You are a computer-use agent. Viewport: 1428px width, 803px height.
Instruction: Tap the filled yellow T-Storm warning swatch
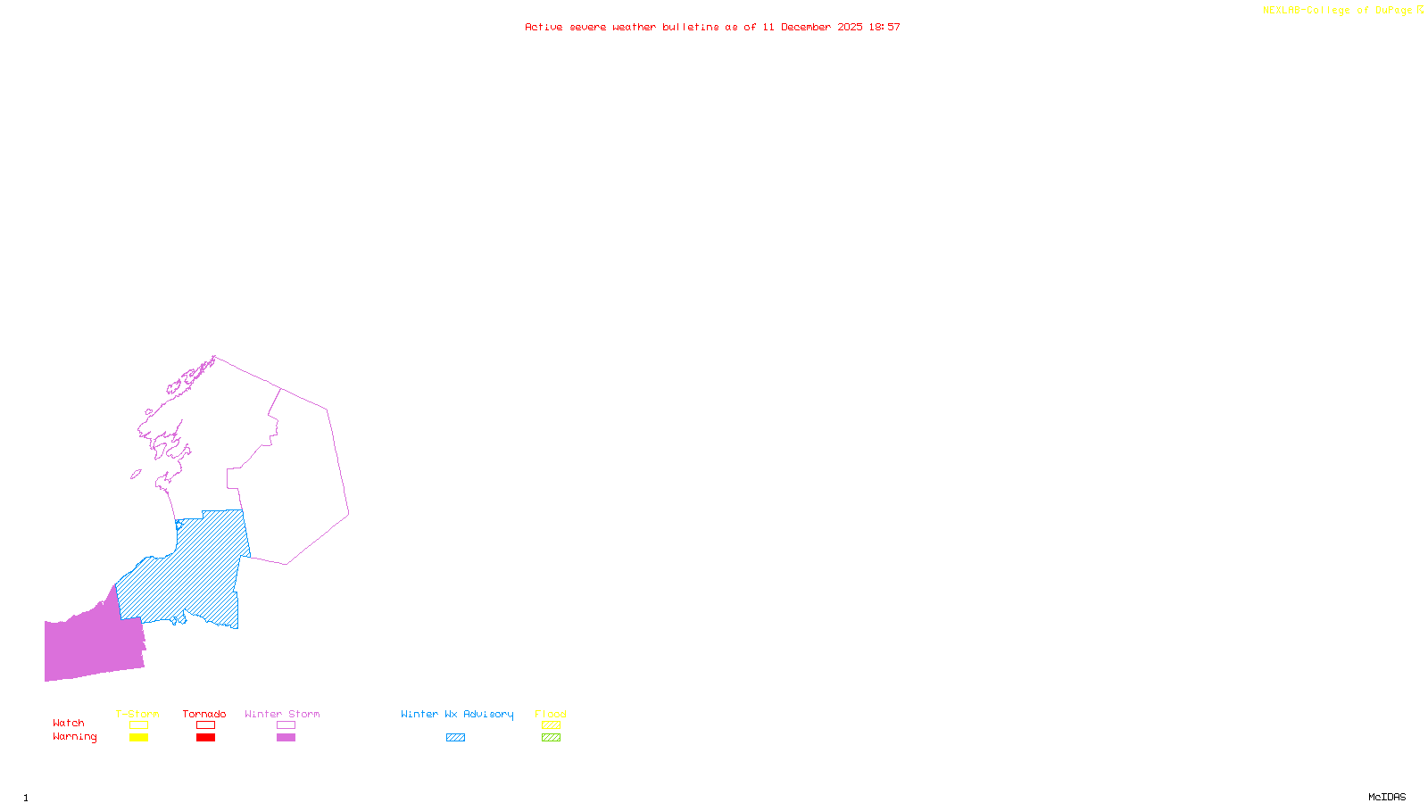pyautogui.click(x=138, y=738)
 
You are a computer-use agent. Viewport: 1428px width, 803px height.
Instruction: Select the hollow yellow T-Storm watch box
pyautogui.click(x=138, y=725)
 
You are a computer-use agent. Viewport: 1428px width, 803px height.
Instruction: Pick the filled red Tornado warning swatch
pyautogui.click(x=205, y=738)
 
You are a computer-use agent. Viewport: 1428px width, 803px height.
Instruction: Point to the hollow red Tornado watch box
pyautogui.click(x=205, y=725)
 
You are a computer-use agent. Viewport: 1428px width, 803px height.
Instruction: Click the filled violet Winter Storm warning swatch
pyautogui.click(x=286, y=738)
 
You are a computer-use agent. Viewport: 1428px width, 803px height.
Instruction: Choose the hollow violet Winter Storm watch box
pyautogui.click(x=286, y=725)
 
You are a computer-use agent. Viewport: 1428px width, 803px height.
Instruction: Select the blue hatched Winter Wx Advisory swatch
pyautogui.click(x=455, y=738)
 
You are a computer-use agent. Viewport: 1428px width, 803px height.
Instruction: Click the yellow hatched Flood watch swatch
pyautogui.click(x=551, y=725)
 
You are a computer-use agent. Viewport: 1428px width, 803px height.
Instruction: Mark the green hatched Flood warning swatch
pyautogui.click(x=551, y=738)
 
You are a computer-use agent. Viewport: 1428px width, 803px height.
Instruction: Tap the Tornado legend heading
pyautogui.click(x=204, y=714)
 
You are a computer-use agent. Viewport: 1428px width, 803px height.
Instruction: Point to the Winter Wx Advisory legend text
pyautogui.click(x=457, y=714)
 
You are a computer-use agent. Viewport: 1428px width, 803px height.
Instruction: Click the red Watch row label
pyautogui.click(x=69, y=723)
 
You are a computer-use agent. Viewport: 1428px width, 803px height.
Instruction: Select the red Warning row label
pyautogui.click(x=74, y=737)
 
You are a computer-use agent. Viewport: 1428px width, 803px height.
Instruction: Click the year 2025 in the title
pyautogui.click(x=850, y=27)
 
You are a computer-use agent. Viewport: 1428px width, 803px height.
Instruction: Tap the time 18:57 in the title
pyautogui.click(x=884, y=27)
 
